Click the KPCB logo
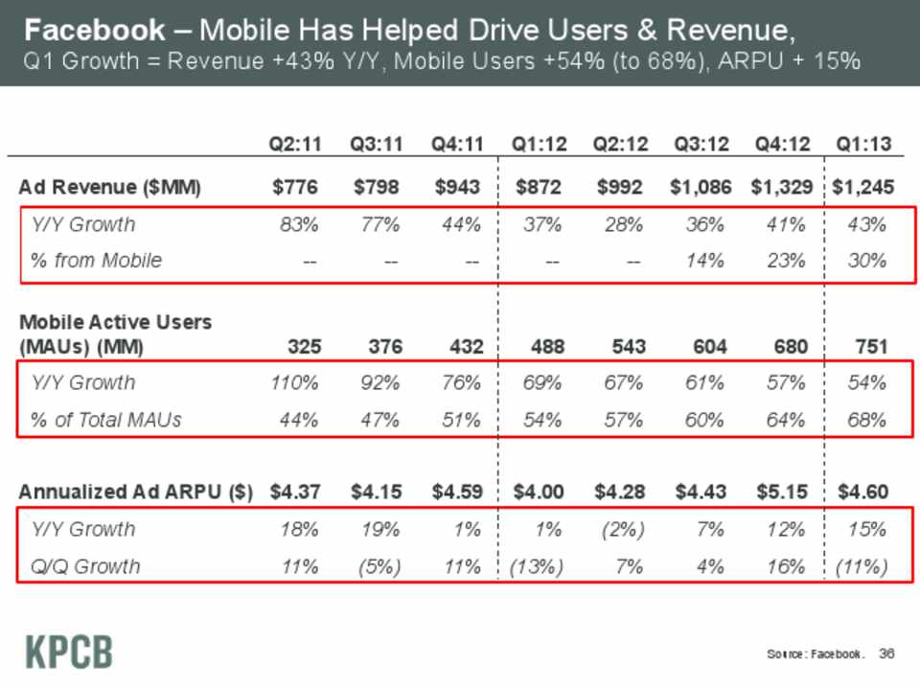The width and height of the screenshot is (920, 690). point(67,652)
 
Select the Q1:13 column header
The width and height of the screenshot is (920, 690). point(863,145)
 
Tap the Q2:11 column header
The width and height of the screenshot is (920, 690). point(293,145)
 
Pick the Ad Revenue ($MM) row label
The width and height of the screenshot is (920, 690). point(110,188)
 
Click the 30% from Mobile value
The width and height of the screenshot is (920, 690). point(868,260)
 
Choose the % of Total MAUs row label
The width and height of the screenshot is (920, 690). point(106,419)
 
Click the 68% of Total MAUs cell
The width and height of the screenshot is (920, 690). point(868,419)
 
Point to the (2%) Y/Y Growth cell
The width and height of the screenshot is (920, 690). point(621,529)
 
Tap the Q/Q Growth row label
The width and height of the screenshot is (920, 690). point(86,566)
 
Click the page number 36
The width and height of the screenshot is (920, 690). point(885,654)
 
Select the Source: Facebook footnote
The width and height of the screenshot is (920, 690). point(815,655)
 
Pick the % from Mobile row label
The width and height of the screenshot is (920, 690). point(97,260)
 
